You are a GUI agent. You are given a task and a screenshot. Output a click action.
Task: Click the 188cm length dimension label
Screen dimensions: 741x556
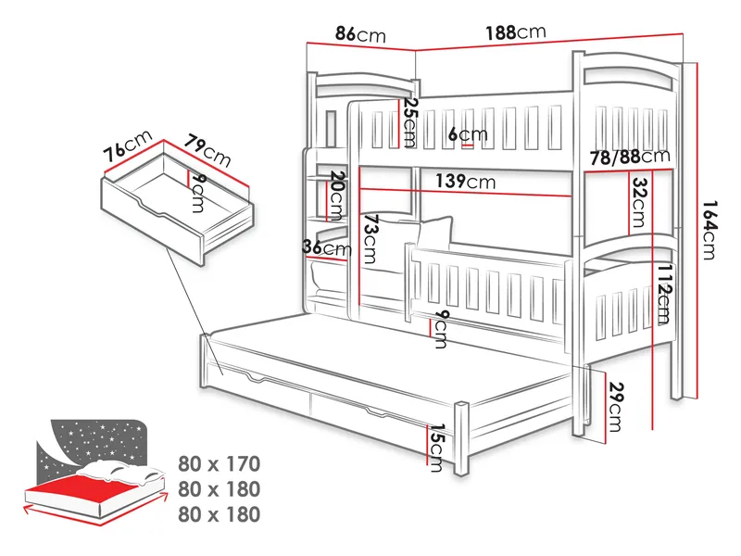click(516, 32)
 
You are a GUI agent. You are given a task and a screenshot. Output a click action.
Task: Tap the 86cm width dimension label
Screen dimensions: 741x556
click(360, 34)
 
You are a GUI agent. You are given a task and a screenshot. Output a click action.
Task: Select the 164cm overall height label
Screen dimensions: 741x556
click(709, 230)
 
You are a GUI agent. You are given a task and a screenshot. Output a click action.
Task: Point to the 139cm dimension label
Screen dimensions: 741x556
click(465, 181)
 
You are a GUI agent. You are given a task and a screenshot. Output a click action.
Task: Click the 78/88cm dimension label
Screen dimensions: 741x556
click(630, 157)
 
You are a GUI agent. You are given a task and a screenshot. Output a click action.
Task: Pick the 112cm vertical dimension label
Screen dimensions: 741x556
click(663, 294)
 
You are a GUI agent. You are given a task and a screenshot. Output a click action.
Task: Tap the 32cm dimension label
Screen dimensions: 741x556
click(638, 202)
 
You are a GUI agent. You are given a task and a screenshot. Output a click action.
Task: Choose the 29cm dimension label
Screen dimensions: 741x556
click(615, 407)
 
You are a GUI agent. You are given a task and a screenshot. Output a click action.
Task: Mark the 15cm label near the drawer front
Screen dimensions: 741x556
click(436, 448)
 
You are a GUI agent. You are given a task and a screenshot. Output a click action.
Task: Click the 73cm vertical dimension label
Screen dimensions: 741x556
click(370, 239)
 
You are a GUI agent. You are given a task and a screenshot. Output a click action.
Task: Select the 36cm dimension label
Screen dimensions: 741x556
click(327, 247)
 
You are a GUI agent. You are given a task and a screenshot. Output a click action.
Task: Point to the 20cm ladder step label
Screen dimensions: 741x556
click(336, 196)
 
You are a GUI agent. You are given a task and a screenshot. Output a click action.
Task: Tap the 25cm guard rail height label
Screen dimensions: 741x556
click(409, 122)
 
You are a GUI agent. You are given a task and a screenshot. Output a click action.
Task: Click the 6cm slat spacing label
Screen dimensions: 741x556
click(468, 134)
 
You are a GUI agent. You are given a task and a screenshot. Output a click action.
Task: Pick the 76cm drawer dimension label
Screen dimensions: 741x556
click(128, 145)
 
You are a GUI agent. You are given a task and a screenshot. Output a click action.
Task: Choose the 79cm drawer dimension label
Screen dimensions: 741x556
click(207, 150)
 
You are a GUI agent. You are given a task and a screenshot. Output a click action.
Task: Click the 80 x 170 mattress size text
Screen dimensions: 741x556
click(219, 464)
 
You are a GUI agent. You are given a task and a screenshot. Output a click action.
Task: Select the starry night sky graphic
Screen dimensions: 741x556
click(92, 446)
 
